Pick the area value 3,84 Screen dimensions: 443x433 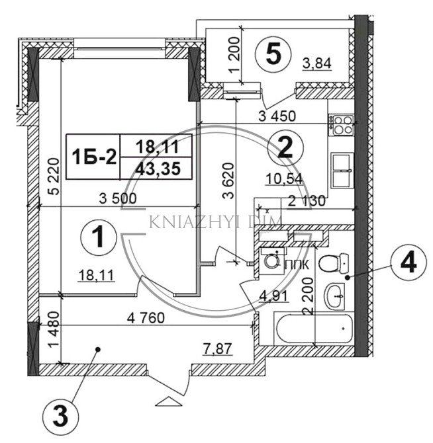tap(316, 64)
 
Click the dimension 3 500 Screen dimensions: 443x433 tap(117, 198)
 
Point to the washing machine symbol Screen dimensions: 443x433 tap(270, 260)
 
